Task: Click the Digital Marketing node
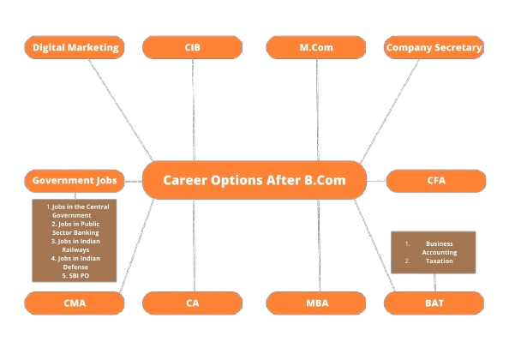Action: click(75, 47)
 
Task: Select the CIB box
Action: click(192, 47)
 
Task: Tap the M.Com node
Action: click(316, 47)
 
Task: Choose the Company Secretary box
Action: click(434, 47)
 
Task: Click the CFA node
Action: click(436, 181)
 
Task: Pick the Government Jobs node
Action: click(75, 181)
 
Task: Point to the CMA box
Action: click(75, 303)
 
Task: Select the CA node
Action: click(192, 303)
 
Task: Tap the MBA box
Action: click(316, 303)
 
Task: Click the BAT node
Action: click(434, 303)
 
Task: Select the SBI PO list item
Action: click(75, 276)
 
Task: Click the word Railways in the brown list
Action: click(75, 250)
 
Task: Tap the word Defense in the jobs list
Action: click(75, 267)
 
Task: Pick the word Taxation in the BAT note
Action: click(440, 261)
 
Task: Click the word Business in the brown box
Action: click(440, 243)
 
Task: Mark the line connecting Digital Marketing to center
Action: click(121, 110)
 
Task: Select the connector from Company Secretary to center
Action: click(390, 111)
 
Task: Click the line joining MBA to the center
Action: click(319, 245)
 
